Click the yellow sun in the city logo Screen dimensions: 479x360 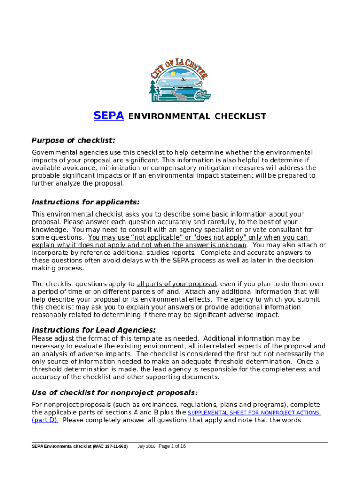click(173, 74)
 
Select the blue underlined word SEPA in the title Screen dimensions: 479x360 click(109, 116)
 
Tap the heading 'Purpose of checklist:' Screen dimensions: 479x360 click(73, 141)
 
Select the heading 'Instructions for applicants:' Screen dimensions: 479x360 click(86, 202)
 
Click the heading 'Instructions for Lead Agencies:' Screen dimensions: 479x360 click(94, 330)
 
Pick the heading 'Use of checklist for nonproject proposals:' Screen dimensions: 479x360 click(115, 392)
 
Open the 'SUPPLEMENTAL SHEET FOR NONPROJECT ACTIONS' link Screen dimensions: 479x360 click(254, 413)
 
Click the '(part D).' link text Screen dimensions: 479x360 click(45, 420)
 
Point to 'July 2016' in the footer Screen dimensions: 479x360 click(146, 447)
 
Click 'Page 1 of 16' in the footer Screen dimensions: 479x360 click(173, 446)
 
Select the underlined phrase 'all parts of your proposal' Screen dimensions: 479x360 click(176, 284)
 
